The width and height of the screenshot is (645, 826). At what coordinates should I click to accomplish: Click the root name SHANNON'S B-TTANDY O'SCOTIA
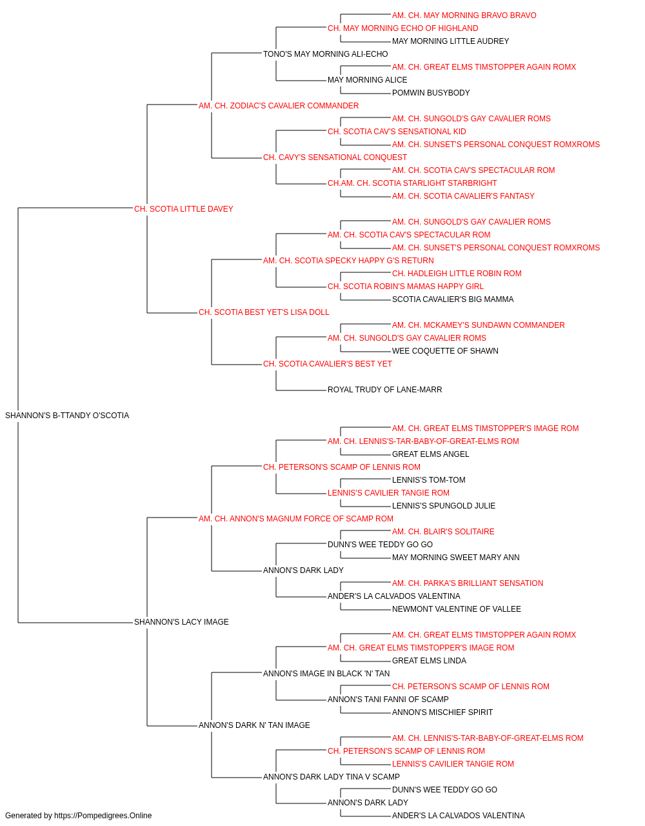67,416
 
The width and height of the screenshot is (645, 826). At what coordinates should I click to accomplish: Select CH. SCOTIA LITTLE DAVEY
183,209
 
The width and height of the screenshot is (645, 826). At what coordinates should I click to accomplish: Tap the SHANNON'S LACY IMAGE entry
181,622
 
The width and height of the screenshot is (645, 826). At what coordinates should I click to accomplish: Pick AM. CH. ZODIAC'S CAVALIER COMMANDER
279,106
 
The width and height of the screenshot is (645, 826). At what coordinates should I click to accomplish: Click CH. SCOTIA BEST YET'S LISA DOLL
264,312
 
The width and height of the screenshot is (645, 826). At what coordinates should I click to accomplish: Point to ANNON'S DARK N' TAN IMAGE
254,725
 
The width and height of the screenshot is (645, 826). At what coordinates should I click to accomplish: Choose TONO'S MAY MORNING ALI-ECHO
326,54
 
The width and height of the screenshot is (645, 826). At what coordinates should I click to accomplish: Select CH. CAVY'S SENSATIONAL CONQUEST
335,157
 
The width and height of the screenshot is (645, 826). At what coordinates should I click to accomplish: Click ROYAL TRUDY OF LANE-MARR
385,390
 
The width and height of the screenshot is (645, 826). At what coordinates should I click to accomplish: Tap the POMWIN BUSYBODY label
431,93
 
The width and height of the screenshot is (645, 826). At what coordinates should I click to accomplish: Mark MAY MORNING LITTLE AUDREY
450,41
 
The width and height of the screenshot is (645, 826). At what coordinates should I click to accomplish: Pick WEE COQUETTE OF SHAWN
445,351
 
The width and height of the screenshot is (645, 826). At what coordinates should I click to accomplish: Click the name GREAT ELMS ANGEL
430,454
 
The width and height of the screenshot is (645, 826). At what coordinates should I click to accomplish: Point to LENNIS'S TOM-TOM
428,480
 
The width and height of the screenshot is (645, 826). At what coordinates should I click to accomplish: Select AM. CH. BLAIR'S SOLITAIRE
443,532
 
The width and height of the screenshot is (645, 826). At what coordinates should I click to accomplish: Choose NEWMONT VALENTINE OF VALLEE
456,609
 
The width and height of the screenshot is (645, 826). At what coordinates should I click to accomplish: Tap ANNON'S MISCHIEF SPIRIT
442,712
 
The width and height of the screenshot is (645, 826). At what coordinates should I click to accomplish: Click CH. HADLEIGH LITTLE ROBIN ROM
457,274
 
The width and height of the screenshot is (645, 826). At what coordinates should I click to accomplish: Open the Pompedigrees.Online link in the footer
103,816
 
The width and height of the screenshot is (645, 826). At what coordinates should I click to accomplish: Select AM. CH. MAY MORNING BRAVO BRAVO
464,15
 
